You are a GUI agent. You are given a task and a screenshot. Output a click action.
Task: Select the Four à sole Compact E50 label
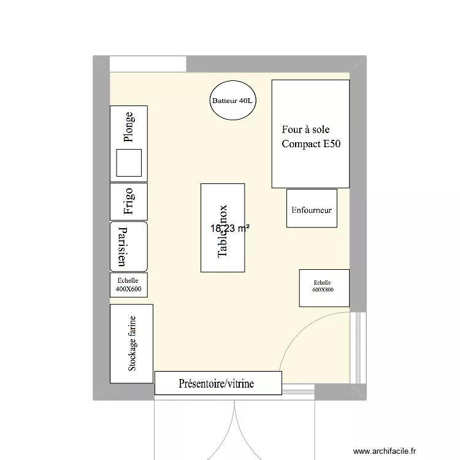coord(310,137)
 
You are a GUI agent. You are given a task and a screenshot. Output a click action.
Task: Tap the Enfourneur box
coord(312,209)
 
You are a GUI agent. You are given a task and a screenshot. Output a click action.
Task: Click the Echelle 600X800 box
coord(324,288)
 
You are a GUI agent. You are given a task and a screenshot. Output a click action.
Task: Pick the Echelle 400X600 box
coord(129,285)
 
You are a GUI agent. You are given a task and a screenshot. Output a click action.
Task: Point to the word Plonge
coord(128,126)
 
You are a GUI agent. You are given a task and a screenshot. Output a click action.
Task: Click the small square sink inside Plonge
coord(129,163)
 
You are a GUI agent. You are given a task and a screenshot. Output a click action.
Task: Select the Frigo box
coord(129,201)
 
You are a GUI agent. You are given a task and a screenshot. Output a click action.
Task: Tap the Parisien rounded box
coord(129,247)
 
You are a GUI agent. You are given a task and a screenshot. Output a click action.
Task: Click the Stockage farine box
coord(131,343)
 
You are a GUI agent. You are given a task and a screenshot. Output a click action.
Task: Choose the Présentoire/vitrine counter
coord(217,383)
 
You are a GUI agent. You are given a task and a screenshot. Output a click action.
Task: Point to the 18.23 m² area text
coord(230,228)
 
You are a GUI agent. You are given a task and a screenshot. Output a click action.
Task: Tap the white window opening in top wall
coord(148,64)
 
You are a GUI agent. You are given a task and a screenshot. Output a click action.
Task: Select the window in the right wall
coord(358,348)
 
